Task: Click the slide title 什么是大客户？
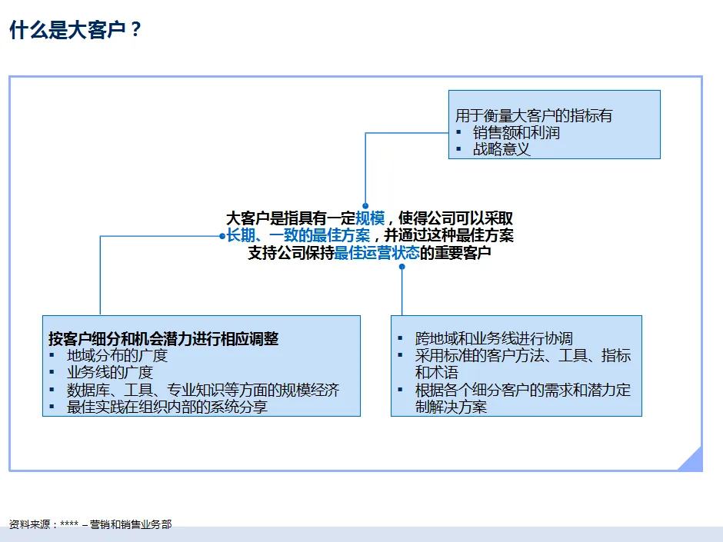(x=75, y=31)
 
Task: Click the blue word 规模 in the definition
(x=370, y=218)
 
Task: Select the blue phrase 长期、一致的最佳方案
(x=298, y=235)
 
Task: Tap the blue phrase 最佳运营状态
(x=377, y=253)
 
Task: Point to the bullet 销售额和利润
(x=516, y=132)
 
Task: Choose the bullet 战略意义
(x=501, y=149)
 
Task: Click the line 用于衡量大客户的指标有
(x=534, y=115)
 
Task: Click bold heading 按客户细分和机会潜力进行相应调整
(x=163, y=338)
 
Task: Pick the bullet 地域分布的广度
(x=117, y=355)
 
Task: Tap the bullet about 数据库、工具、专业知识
(x=203, y=390)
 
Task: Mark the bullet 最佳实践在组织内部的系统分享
(x=167, y=407)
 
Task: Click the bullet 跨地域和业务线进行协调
(x=494, y=338)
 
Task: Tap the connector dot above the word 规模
(x=365, y=205)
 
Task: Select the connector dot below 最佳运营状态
(x=401, y=267)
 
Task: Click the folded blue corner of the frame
(x=691, y=460)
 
